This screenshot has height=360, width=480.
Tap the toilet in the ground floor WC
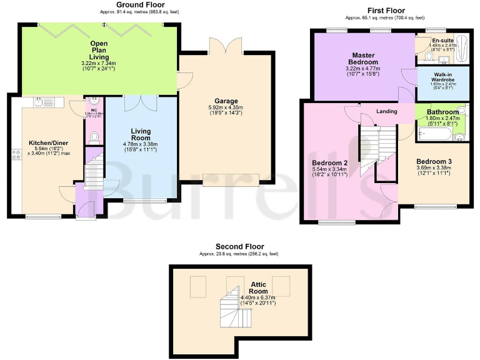coord(94,136)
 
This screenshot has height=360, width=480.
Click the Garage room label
coord(226,101)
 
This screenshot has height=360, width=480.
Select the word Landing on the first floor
coord(387,111)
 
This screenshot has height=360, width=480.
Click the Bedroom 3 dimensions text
coord(434,171)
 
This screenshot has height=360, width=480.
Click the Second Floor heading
coord(239,246)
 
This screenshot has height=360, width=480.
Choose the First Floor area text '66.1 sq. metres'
coord(367,17)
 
